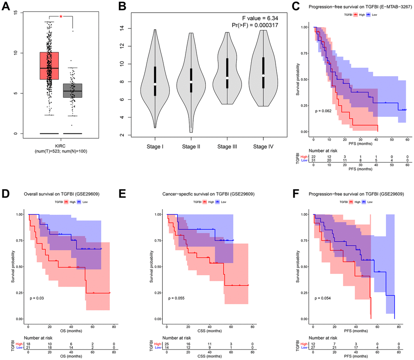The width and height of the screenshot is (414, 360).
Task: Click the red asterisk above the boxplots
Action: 61,17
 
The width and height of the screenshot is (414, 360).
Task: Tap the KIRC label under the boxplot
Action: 61,145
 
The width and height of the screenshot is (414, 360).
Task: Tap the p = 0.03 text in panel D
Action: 36,298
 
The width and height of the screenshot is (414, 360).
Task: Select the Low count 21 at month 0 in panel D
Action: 28,347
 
